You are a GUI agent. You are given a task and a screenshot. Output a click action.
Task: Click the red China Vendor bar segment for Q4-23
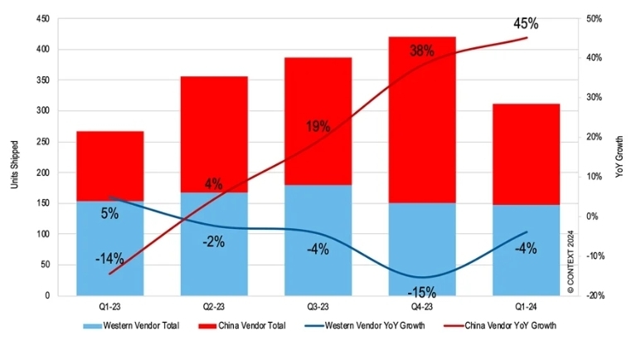point(422,120)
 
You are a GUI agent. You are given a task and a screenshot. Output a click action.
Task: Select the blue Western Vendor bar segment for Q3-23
point(318,240)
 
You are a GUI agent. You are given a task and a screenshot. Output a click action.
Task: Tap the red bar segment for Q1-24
point(526,154)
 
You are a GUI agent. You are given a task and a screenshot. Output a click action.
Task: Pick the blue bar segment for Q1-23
point(110,248)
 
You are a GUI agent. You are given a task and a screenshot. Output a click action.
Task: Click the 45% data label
point(526,24)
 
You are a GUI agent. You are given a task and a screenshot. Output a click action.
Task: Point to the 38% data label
point(422,51)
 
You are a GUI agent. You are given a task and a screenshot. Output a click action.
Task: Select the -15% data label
point(422,292)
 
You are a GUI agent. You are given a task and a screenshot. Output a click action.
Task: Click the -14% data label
point(109,258)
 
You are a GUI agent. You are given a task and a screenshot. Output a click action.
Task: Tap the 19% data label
point(318,126)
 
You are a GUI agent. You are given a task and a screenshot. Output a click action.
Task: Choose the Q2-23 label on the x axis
point(214,306)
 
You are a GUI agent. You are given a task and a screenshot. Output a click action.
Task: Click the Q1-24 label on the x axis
point(526,306)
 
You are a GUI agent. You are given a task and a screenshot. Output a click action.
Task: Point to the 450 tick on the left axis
point(42,19)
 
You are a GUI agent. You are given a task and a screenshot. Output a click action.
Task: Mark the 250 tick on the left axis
point(42,142)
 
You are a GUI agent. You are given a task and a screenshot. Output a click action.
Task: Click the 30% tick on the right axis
point(594,97)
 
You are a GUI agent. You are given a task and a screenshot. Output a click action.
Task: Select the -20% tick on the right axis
point(595,295)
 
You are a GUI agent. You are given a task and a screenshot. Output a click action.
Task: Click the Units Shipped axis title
point(15,165)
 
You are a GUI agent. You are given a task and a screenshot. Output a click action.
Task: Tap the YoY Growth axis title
point(619,157)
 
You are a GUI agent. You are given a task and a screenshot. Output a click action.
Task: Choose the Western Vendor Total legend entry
point(131,326)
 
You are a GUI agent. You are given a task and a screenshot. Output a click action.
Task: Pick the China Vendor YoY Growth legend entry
point(500,326)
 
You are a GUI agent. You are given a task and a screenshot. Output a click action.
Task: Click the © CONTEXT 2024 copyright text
point(571,262)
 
